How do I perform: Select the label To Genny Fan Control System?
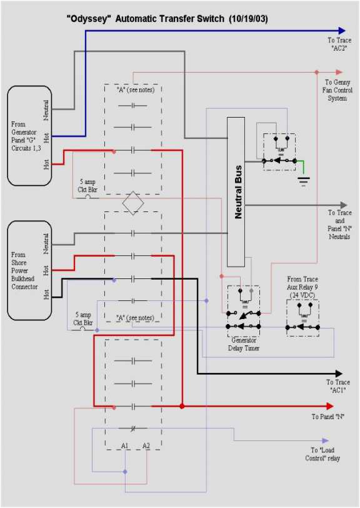[337, 90]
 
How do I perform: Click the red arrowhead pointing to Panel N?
[339, 406]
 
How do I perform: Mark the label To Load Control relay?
[326, 454]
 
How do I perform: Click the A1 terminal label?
[125, 445]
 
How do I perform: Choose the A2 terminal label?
[146, 445]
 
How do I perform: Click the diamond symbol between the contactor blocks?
[133, 203]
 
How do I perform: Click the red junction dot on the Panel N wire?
[182, 406]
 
